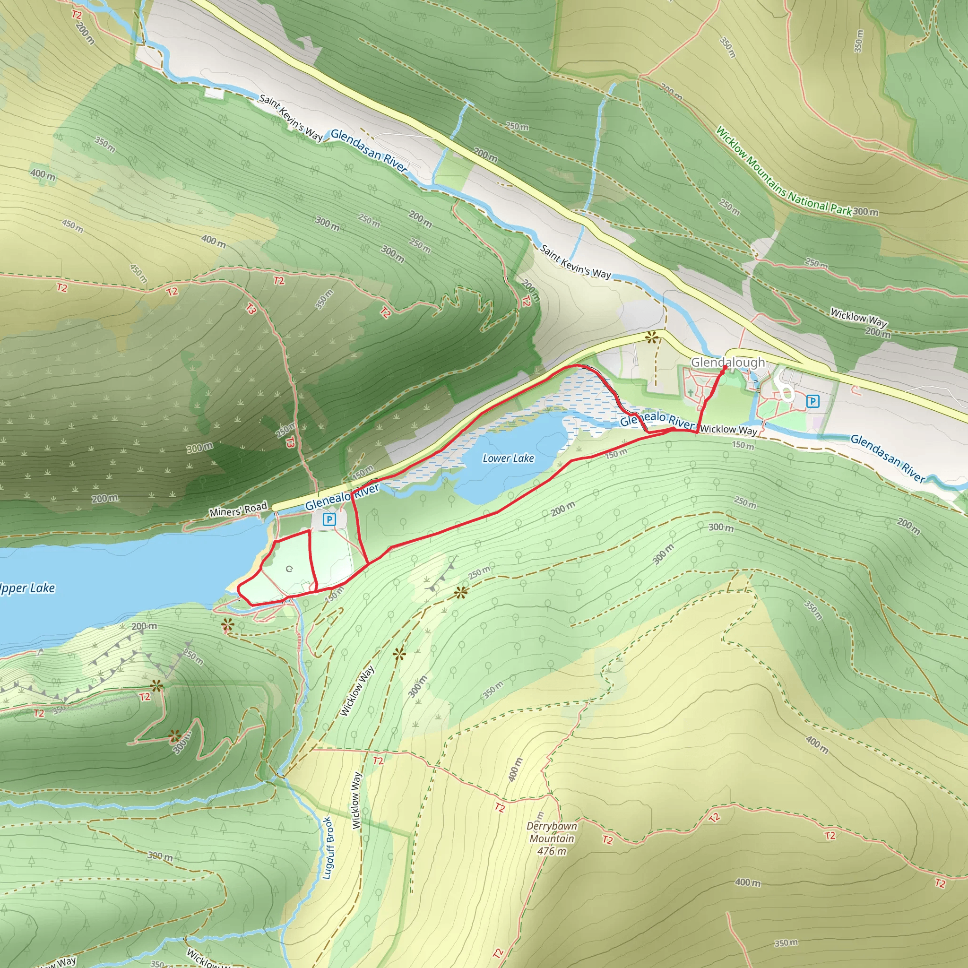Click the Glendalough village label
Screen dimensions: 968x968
coord(727,362)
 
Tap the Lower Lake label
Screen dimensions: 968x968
coord(508,458)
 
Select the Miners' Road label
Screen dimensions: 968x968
coord(238,510)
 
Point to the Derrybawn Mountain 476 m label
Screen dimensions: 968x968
coord(552,838)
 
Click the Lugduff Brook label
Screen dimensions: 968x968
coord(327,848)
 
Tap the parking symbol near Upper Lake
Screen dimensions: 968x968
coord(328,519)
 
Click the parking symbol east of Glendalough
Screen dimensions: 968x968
coord(812,401)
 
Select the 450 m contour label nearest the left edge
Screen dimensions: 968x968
coord(72,226)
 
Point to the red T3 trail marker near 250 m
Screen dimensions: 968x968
coord(290,441)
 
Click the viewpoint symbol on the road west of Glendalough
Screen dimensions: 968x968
coord(651,337)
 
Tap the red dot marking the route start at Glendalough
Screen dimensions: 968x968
coord(725,367)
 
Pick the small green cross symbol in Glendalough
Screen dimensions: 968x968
coord(691,393)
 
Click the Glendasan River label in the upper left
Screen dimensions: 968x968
coord(368,150)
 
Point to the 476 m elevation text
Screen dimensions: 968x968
coord(552,851)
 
